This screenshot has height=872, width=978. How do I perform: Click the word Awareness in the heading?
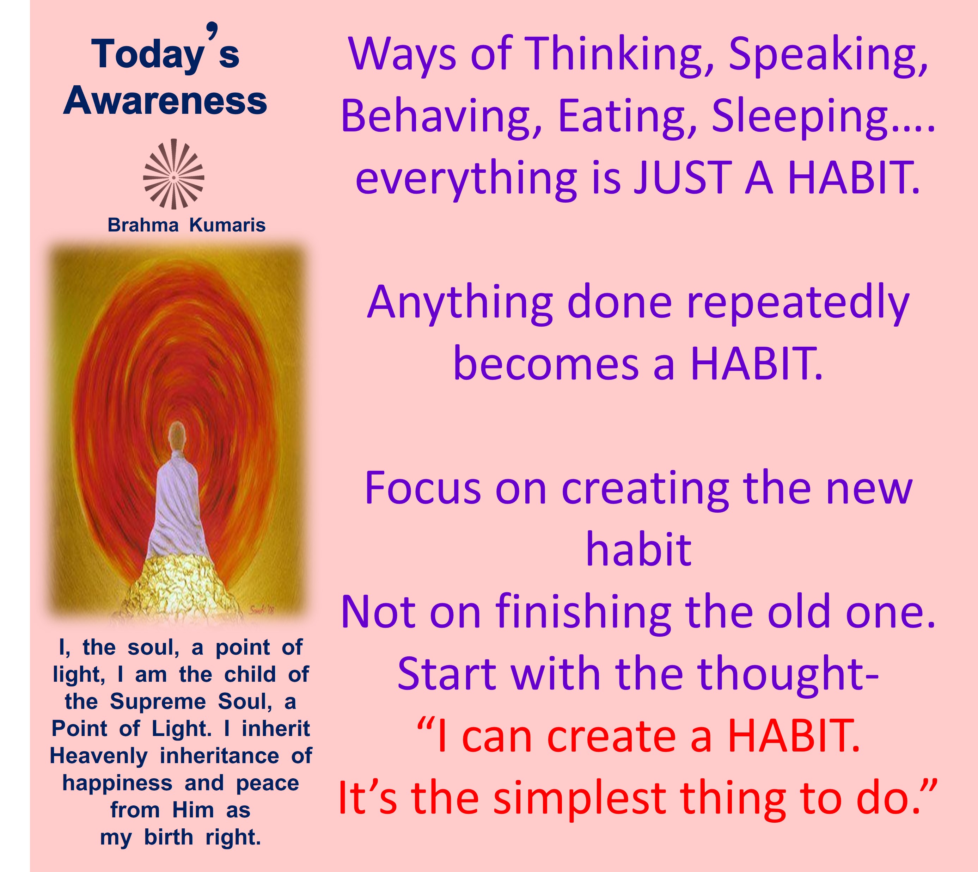click(165, 101)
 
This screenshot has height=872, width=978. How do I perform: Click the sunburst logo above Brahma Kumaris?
click(173, 174)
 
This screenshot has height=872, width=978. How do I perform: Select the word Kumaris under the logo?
click(227, 225)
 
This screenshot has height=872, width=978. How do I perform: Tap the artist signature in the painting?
click(262, 610)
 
